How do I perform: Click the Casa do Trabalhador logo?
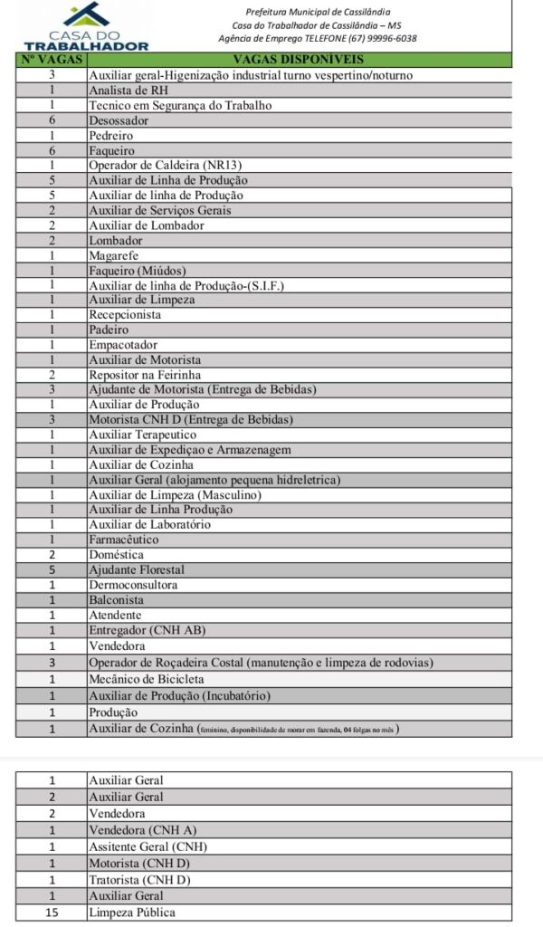pos(87,27)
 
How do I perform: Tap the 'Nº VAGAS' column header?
pos(52,60)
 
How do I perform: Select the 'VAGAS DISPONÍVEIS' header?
pos(299,60)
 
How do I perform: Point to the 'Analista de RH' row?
pos(128,91)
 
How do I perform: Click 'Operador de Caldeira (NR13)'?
pos(166,165)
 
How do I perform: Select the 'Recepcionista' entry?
pos(125,315)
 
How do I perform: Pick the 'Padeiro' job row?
pos(109,330)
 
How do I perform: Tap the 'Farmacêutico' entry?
pos(125,540)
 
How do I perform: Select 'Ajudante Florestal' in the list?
pos(137,569)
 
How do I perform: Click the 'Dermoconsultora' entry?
pos(132,585)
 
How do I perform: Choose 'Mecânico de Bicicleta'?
pos(147,679)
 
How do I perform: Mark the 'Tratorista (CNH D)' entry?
pos(139,879)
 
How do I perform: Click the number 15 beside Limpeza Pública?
pos(52,912)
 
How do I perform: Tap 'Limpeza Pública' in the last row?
pos(132,912)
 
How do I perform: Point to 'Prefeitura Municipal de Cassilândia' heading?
pos(313,11)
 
